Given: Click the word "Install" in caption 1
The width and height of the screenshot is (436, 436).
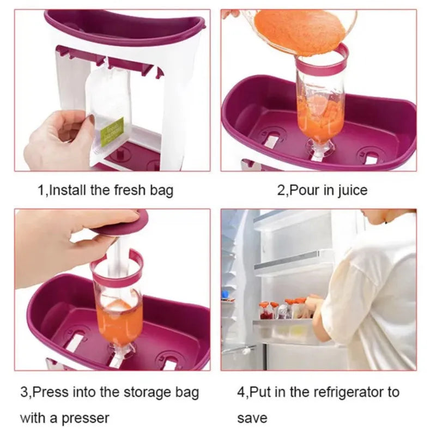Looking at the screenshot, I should pyautogui.click(x=69, y=190).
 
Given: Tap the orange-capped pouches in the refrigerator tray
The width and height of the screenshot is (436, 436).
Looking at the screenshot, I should pyautogui.click(x=283, y=309).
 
